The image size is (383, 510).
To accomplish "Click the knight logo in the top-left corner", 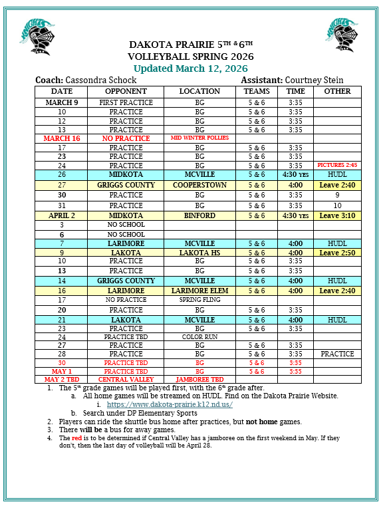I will [35, 35].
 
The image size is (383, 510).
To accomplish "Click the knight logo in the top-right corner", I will [344, 35].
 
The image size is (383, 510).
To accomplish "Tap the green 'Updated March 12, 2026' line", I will [191, 68].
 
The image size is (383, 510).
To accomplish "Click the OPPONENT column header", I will [126, 91].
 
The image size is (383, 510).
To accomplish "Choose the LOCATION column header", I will [199, 91].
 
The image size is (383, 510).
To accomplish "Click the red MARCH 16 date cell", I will [62, 138].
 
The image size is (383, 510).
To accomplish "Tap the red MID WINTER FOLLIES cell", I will [199, 138].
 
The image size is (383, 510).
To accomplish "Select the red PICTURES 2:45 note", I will [337, 165].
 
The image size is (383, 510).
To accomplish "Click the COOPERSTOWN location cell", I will [199, 185].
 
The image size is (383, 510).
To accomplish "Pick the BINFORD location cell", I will [199, 216].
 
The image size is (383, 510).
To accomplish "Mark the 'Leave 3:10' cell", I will [337, 216].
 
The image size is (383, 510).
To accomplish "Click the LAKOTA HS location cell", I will [199, 253].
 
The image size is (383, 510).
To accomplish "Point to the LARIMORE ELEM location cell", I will [199, 291].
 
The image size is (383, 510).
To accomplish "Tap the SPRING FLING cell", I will [199, 300].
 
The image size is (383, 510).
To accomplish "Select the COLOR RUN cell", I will [199, 337].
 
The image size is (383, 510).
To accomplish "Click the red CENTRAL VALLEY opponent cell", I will [126, 379].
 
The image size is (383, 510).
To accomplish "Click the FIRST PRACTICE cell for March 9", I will [126, 102].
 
